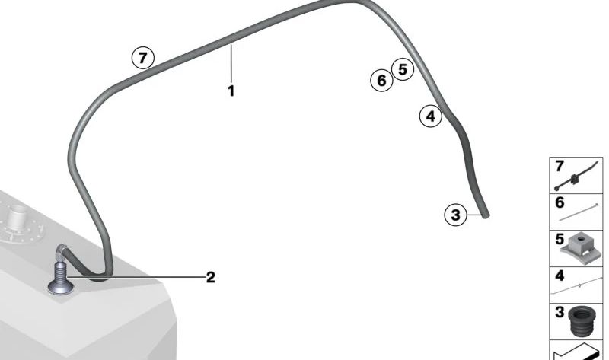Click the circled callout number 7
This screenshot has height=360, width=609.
pos(143,58)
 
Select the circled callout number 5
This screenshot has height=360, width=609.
pos(403,69)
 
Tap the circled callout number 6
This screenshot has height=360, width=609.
pos(381,81)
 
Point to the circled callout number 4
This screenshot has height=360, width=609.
pos(430,116)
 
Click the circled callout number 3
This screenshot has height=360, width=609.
pos(455,215)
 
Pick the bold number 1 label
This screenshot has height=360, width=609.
pos(231,91)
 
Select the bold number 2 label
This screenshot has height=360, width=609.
pos(211,277)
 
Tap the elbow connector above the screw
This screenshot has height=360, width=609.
pos(62,253)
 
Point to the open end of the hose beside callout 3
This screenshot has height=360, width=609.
pos(485,216)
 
